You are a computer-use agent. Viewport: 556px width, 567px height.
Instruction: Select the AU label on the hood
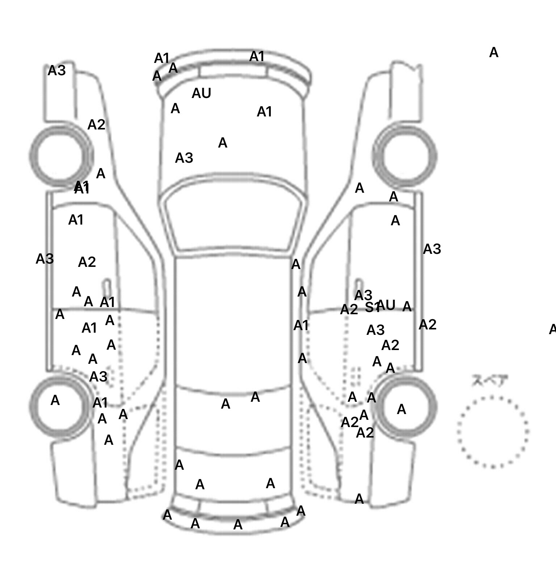[201, 93]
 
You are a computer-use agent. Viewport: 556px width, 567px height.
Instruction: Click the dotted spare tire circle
[493, 431]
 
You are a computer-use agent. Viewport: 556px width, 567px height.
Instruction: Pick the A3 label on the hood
[184, 158]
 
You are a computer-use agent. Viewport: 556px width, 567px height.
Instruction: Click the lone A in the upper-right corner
[494, 53]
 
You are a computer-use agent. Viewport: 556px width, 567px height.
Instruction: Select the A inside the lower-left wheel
[55, 400]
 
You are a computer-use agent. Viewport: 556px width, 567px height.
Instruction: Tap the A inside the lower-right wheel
[401, 409]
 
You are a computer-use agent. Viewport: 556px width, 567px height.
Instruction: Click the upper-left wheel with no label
[61, 156]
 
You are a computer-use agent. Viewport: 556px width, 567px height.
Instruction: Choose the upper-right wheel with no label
[405, 156]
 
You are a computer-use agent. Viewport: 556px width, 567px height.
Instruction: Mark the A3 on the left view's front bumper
[57, 71]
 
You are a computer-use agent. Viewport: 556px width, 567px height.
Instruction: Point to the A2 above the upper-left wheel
[96, 125]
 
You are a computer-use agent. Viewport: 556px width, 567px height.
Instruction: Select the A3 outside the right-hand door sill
[432, 249]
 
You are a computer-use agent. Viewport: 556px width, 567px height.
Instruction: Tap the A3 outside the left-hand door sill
[45, 259]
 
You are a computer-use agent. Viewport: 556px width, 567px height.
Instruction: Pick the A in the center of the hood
[223, 143]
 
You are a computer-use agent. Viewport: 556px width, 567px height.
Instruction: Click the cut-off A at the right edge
[552, 329]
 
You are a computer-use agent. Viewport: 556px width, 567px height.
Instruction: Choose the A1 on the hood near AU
[264, 112]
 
